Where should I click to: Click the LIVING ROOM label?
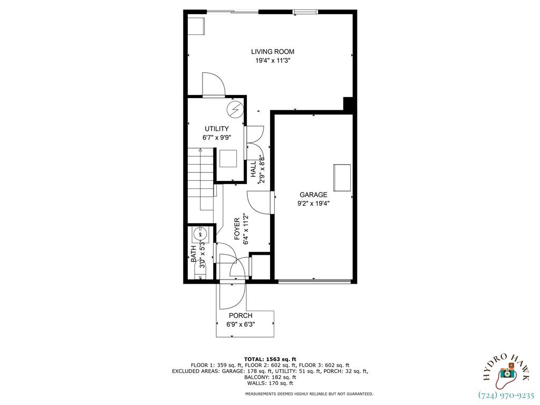272,52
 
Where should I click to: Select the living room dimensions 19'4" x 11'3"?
272,61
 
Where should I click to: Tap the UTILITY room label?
217,129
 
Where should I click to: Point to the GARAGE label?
313,195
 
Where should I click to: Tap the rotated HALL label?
254,169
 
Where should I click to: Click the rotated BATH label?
194,254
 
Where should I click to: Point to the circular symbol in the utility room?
235,109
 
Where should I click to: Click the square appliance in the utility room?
228,158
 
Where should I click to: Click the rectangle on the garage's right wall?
342,178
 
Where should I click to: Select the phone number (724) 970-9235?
506,395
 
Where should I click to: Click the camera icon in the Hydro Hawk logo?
507,373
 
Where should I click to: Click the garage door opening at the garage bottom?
314,282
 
